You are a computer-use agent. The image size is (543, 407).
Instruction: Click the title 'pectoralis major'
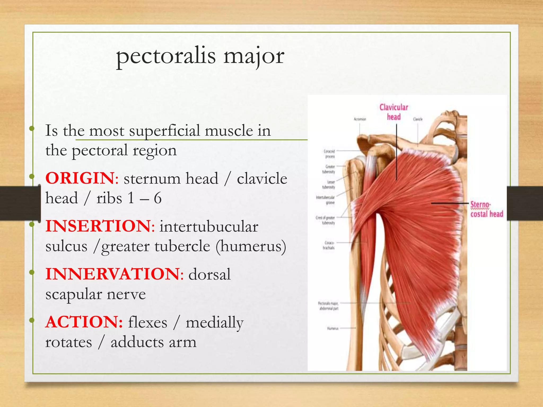tap(200, 56)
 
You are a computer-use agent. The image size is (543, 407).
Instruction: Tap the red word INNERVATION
tap(112, 274)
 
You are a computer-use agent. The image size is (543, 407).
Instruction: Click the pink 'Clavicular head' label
tap(394, 112)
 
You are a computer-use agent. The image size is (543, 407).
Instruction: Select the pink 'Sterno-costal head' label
tap(486, 209)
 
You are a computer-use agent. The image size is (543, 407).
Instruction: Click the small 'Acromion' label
tap(360, 119)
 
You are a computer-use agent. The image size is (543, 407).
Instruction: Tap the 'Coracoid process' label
tap(330, 154)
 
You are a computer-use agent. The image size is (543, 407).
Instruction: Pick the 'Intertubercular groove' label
tap(326, 200)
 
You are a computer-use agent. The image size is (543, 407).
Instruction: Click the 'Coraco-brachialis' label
tap(329, 245)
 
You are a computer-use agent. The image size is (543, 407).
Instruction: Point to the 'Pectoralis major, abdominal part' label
tap(328, 306)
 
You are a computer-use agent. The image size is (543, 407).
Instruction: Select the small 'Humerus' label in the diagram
tap(333, 328)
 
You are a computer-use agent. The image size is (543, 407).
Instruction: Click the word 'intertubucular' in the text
tap(209, 227)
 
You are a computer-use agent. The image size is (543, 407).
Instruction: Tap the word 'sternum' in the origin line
tap(152, 178)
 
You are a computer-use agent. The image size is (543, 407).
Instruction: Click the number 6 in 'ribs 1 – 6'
tap(158, 198)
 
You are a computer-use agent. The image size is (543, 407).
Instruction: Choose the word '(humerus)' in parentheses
tap(251, 246)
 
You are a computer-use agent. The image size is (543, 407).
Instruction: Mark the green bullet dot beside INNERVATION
tap(32, 272)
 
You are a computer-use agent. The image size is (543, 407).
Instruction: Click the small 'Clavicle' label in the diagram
tap(418, 119)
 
